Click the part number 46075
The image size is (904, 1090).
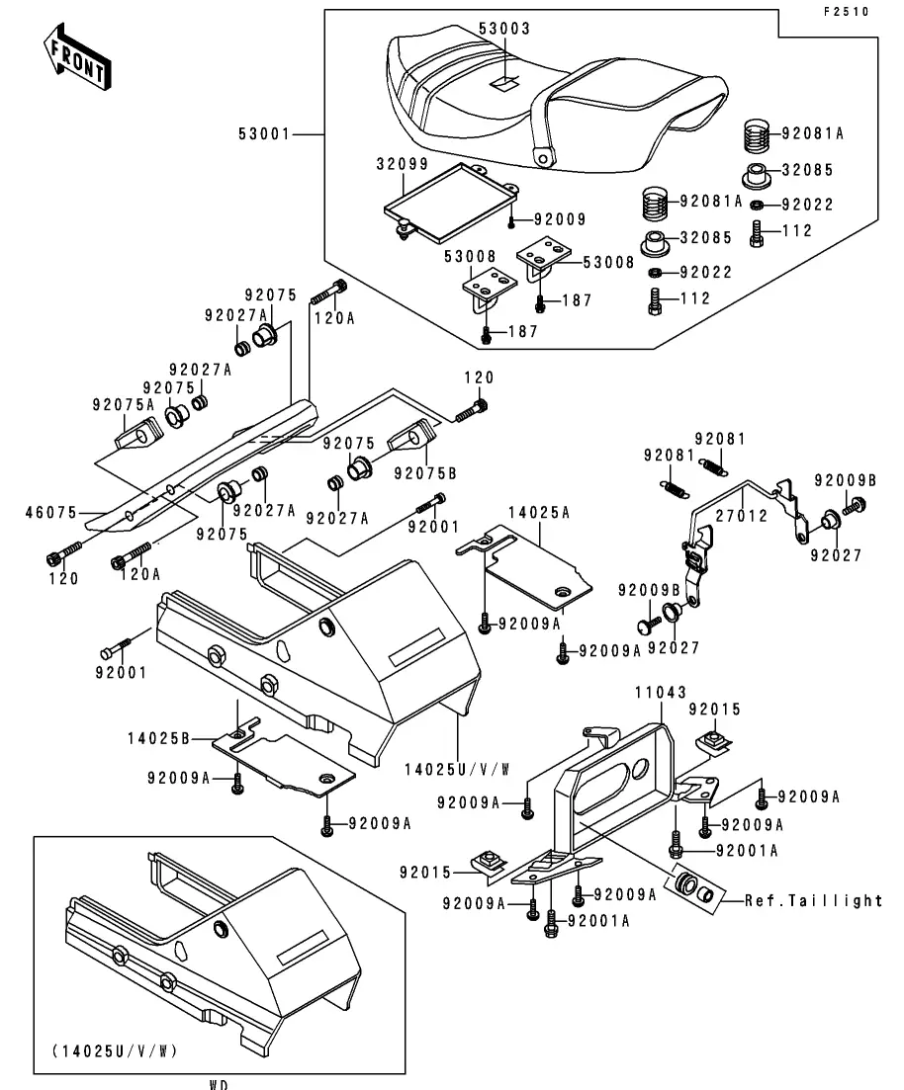[49, 513]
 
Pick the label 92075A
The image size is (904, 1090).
[124, 403]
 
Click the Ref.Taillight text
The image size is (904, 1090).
[814, 900]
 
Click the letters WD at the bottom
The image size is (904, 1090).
[219, 1084]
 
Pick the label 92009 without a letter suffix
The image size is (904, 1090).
[560, 219]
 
